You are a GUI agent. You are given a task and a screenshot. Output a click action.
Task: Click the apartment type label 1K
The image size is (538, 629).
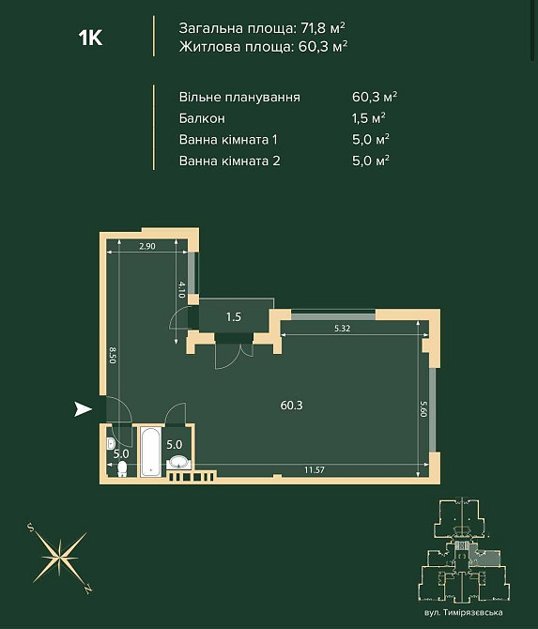point(91,38)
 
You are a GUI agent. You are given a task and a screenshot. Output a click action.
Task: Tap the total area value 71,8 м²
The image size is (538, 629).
point(323,28)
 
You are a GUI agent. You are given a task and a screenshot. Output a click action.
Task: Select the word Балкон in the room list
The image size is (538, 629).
point(202,118)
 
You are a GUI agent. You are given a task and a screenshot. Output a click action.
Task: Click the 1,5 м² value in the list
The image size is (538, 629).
point(369,118)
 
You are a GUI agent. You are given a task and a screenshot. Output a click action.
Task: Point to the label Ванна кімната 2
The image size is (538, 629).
point(230,161)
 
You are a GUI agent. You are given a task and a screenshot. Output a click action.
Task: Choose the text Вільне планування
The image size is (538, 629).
point(239,98)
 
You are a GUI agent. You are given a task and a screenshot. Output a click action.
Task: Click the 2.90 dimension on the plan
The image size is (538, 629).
point(147,246)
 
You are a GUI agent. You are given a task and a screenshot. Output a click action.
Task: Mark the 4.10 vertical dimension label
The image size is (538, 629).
point(182,290)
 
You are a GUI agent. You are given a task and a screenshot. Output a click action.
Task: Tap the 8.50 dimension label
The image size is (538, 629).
point(113,356)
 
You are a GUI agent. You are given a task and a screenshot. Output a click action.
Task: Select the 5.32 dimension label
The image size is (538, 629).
point(342,329)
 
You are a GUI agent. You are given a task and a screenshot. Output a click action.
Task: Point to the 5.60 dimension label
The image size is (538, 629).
point(423,409)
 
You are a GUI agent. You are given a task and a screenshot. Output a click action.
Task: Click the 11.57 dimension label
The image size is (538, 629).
point(315,469)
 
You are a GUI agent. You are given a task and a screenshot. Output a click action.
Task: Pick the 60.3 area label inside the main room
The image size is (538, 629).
point(292,406)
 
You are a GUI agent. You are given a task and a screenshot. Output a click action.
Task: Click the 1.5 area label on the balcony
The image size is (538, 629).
point(234,317)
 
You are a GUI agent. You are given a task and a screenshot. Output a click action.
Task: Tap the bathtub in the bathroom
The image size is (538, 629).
point(151,452)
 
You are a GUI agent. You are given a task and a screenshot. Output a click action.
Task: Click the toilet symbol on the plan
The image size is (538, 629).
point(122,468)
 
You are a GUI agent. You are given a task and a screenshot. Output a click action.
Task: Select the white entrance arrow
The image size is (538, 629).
point(83,409)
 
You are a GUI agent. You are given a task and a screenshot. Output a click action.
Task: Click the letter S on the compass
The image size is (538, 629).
point(30,528)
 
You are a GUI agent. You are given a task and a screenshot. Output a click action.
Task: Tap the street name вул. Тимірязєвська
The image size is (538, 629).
point(464,612)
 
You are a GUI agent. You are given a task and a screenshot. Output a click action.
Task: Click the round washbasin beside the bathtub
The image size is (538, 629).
point(178,462)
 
